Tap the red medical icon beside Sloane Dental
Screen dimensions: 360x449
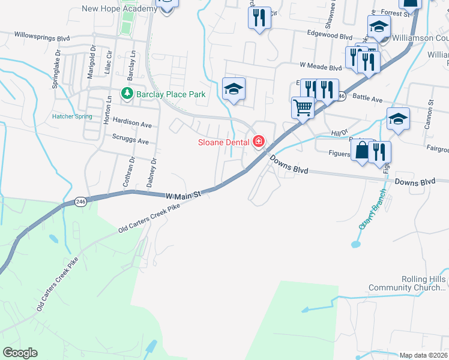click(x=259, y=142)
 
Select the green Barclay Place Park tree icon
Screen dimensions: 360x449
click(x=127, y=94)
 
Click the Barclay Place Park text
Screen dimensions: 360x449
click(x=170, y=94)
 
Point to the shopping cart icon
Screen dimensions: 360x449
click(x=303, y=108)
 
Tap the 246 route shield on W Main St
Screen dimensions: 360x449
click(x=81, y=202)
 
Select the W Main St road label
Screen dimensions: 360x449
click(x=181, y=195)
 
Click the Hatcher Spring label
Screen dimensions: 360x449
click(x=72, y=116)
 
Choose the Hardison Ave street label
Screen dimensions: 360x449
click(x=132, y=124)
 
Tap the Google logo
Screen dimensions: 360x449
click(x=20, y=353)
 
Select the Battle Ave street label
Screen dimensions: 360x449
click(x=367, y=97)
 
